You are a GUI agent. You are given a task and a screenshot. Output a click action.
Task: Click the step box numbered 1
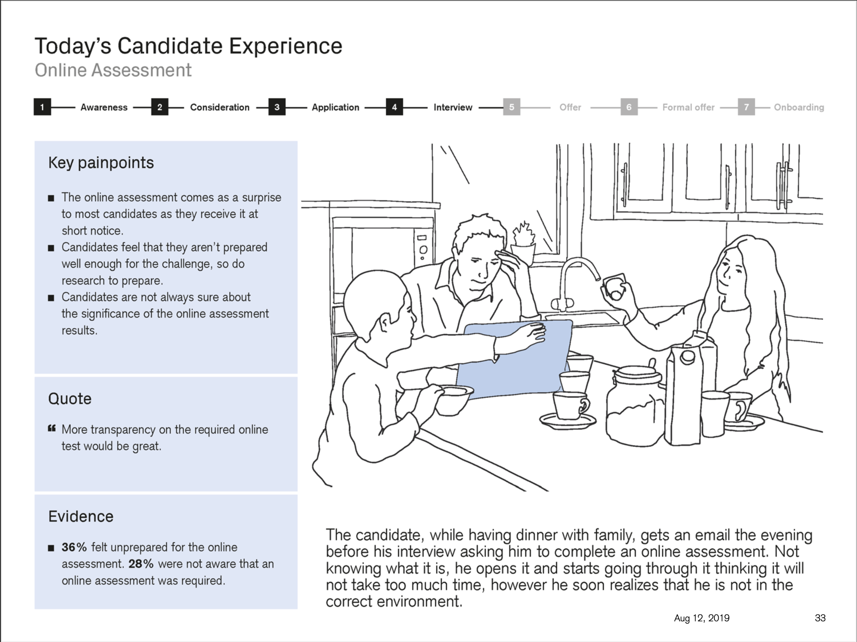pyautogui.click(x=42, y=107)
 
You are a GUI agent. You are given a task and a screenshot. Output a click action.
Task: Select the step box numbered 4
pyautogui.click(x=394, y=107)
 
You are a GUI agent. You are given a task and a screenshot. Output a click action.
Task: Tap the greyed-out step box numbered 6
pyautogui.click(x=629, y=107)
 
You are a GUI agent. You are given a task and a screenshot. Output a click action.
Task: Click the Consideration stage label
pyautogui.click(x=219, y=107)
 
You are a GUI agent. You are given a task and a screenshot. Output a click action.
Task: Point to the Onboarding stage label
pyautogui.click(x=798, y=107)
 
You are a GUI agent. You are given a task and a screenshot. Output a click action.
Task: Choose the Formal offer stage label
pyautogui.click(x=688, y=107)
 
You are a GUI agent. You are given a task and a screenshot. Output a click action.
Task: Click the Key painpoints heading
pyautogui.click(x=101, y=163)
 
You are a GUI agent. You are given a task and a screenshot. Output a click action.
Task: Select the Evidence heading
pyautogui.click(x=81, y=517)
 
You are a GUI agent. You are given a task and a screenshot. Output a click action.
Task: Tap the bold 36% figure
pyautogui.click(x=74, y=547)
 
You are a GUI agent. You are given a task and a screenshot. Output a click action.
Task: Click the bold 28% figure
pyautogui.click(x=141, y=564)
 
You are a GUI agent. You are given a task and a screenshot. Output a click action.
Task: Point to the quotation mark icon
pyautogui.click(x=52, y=428)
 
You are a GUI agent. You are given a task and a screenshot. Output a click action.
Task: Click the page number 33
pyautogui.click(x=820, y=618)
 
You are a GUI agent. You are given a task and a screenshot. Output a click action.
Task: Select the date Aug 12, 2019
pyautogui.click(x=701, y=618)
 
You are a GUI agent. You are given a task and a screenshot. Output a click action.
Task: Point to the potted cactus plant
pyautogui.click(x=523, y=242)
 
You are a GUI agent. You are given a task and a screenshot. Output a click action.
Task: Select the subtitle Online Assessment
pyautogui.click(x=113, y=71)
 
